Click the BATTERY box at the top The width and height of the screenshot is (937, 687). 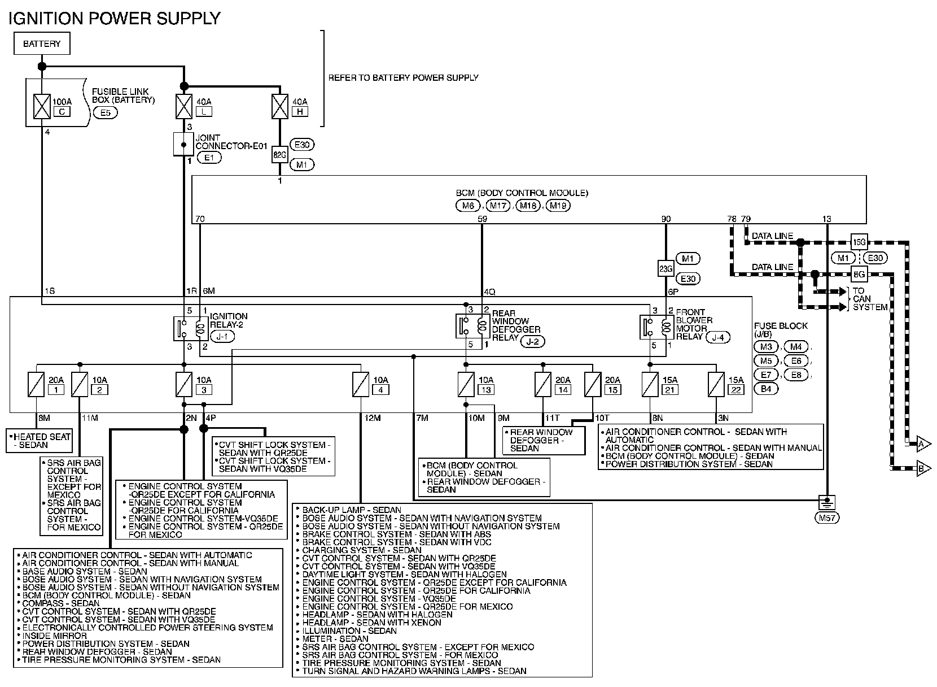(x=42, y=44)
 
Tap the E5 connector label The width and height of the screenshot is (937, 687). (x=105, y=112)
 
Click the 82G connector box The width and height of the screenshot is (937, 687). (x=280, y=154)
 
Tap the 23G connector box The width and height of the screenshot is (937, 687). (x=666, y=269)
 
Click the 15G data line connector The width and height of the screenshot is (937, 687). (x=859, y=242)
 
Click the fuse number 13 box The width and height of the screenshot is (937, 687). (x=485, y=389)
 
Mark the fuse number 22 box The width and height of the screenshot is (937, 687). (x=736, y=389)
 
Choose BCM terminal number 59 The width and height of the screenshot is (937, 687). (x=482, y=219)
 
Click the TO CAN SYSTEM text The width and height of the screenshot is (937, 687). (x=870, y=299)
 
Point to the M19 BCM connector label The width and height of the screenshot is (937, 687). (x=558, y=206)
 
